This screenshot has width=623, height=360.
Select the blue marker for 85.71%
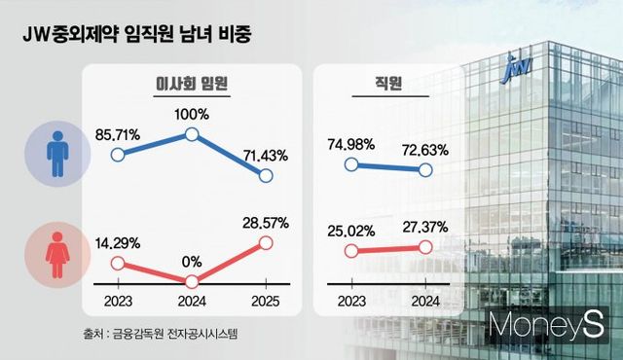(119, 154)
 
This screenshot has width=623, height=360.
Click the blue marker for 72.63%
(425, 170)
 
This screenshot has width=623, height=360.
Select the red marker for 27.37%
(425, 247)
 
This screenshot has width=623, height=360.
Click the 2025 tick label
(267, 301)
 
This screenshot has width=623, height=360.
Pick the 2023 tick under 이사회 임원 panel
(119, 301)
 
